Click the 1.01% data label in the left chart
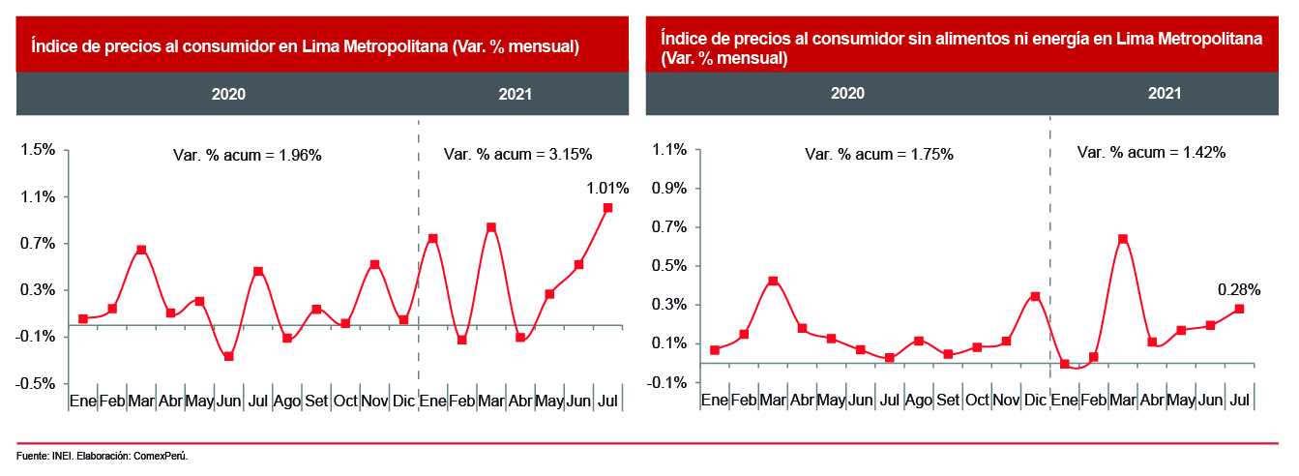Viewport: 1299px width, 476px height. [607, 189]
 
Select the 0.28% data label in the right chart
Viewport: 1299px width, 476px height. [1239, 289]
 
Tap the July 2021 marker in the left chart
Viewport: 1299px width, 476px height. [607, 208]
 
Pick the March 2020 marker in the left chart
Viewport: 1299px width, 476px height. [141, 251]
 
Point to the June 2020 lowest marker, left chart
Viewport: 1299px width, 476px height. [228, 357]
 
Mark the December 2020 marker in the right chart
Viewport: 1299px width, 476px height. [1035, 297]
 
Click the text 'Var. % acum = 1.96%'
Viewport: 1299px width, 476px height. [247, 155]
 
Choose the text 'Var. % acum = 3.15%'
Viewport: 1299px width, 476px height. [517, 154]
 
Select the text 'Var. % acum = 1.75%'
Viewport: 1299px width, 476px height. [879, 155]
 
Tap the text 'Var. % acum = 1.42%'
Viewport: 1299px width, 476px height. [1151, 153]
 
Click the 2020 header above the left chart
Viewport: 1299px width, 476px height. [228, 95]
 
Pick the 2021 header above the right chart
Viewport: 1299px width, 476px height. [1165, 94]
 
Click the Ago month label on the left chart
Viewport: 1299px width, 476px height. [287, 401]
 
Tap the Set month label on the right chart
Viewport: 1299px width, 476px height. [948, 400]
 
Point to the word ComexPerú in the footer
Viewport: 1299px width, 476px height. [162, 456]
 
